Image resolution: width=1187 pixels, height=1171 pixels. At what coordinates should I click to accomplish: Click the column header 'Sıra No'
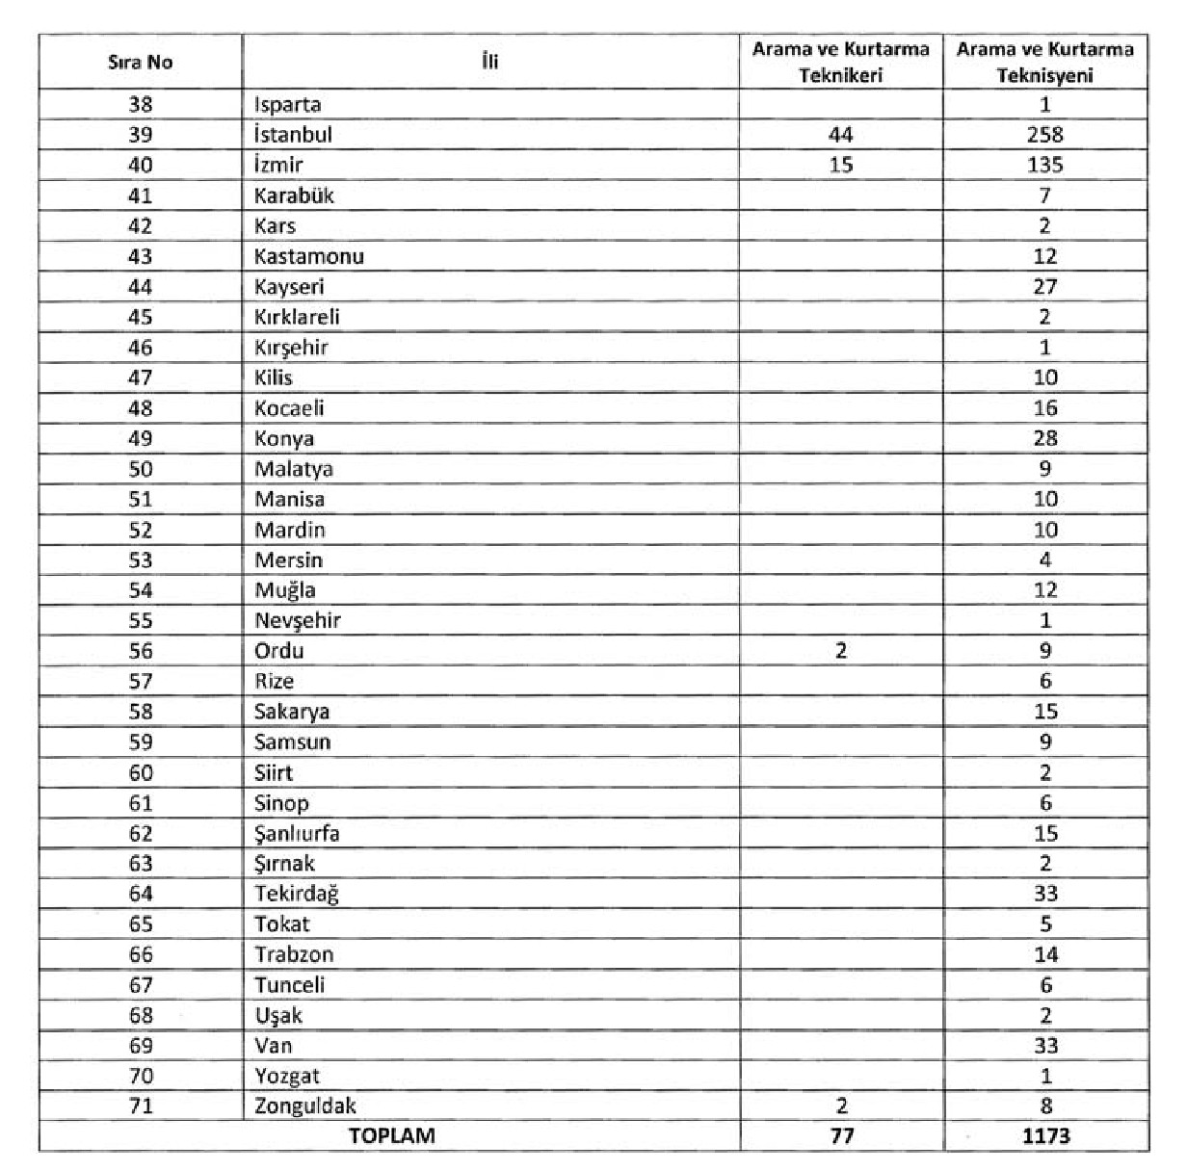141,63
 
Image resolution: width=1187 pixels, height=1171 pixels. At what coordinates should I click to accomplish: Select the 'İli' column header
489,63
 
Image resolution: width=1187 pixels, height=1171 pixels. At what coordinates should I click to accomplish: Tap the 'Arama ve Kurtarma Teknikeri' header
841,63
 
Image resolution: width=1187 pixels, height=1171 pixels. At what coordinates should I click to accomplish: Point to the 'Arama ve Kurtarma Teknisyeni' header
1045,63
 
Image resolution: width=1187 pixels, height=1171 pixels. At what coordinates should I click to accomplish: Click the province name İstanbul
293,135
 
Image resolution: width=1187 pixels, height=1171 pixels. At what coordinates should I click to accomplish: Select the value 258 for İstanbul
1045,135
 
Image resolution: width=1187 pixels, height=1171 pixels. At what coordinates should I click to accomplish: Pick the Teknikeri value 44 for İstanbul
841,135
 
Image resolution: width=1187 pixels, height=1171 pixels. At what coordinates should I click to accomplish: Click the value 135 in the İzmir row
1045,165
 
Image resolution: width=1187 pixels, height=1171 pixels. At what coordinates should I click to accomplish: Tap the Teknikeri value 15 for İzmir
841,165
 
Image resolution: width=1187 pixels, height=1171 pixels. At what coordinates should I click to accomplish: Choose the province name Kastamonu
308,256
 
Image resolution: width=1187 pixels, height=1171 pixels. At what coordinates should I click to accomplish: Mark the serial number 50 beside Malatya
141,469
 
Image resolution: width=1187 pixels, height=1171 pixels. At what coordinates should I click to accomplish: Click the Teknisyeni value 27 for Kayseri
1045,287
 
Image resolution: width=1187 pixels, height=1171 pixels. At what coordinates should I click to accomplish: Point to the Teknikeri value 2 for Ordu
841,651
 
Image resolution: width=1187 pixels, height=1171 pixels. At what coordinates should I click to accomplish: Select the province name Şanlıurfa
297,833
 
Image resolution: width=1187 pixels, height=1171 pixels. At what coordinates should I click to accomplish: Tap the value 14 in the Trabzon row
1045,954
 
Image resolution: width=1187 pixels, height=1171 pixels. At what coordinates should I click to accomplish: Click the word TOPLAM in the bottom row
391,1135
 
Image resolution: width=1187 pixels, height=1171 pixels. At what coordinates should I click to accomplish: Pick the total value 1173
1045,1136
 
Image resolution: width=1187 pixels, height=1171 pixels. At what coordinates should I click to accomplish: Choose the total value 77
841,1136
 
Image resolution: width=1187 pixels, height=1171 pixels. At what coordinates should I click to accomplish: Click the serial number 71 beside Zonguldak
141,1106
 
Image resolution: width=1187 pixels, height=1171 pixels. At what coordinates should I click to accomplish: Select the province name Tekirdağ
297,894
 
